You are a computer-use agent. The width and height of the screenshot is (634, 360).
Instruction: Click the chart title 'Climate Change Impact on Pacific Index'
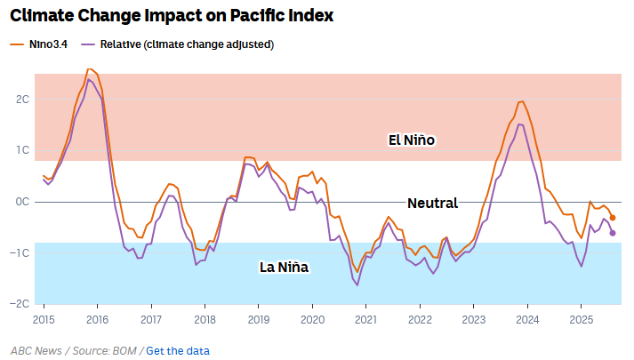pyautogui.click(x=173, y=15)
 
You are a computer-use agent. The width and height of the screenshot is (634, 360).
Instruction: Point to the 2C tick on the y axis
pyautogui.click(x=23, y=99)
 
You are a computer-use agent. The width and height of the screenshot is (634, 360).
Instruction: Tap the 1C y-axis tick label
pyautogui.click(x=23, y=150)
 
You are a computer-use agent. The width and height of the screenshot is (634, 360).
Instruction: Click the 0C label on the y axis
pyautogui.click(x=23, y=202)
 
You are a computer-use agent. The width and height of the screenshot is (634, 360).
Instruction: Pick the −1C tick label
pyautogui.click(x=21, y=252)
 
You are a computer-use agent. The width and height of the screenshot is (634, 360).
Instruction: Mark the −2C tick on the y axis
pyautogui.click(x=21, y=303)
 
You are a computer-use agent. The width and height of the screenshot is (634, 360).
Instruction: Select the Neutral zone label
pyautogui.click(x=432, y=203)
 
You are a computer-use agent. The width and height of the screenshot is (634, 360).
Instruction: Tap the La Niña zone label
pyautogui.click(x=284, y=267)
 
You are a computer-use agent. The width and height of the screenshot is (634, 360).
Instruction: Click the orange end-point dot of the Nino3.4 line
pyautogui.click(x=613, y=217)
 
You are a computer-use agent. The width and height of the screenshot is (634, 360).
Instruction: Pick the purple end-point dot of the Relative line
pyautogui.click(x=613, y=233)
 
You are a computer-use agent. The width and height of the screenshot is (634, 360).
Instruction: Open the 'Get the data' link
pyautogui.click(x=178, y=350)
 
